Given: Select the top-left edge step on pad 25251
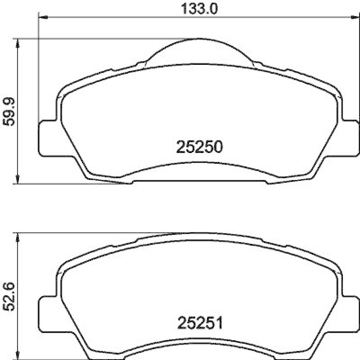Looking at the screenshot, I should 111,246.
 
